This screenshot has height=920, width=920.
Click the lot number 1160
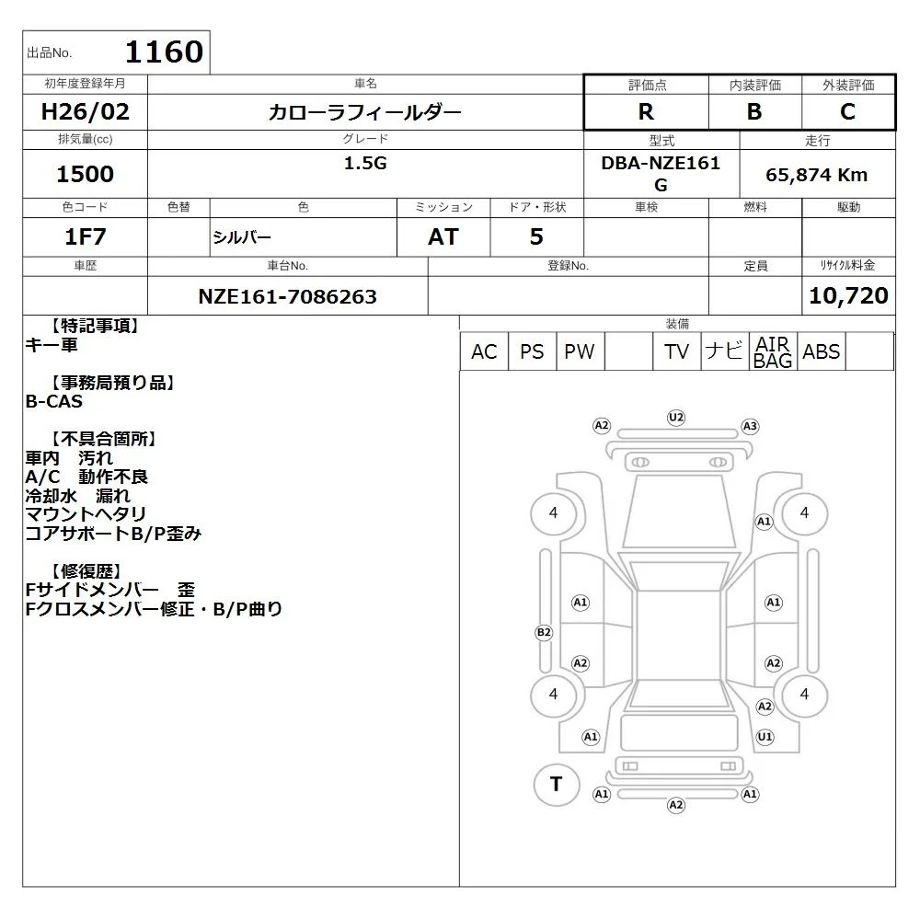coord(165,52)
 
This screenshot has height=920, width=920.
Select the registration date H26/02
coord(85,111)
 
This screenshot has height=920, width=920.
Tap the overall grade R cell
coord(646,111)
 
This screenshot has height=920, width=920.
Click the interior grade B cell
coord(754,111)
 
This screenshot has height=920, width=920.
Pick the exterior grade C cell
coord(848,111)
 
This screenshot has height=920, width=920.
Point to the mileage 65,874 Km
coord(817,175)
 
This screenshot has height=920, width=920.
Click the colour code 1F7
coord(85,236)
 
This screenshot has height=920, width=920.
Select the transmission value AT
coord(443,236)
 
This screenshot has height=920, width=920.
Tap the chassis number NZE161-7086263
coord(287,296)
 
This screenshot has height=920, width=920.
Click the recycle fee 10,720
coord(848,295)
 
